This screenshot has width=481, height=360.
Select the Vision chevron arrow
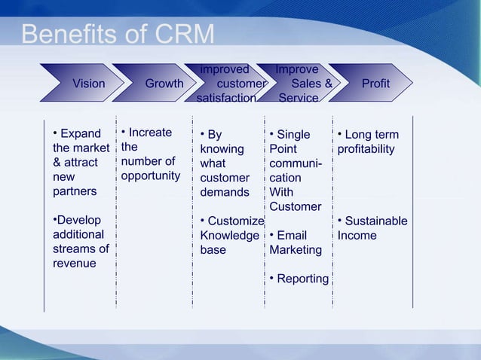[x=88, y=84]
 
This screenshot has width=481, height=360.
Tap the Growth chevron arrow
[x=164, y=84]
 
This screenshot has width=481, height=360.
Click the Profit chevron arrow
[x=375, y=84]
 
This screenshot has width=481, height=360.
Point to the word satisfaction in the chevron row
[x=226, y=98]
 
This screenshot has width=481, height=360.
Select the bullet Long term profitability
[x=369, y=142]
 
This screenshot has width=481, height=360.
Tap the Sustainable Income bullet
[x=372, y=228]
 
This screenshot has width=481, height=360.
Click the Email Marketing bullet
[x=296, y=243]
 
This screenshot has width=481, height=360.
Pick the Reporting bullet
[x=302, y=279]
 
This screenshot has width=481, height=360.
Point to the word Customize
[x=235, y=221]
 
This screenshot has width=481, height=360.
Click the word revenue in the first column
[x=74, y=264]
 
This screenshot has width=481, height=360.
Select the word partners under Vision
[x=75, y=191]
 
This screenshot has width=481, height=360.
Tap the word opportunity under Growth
[x=151, y=176]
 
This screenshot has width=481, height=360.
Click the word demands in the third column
[x=225, y=192]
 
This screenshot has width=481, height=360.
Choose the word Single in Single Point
[x=293, y=135]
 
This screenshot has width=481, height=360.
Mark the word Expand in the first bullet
[x=80, y=134]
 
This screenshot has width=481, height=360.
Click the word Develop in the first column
[x=78, y=221]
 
